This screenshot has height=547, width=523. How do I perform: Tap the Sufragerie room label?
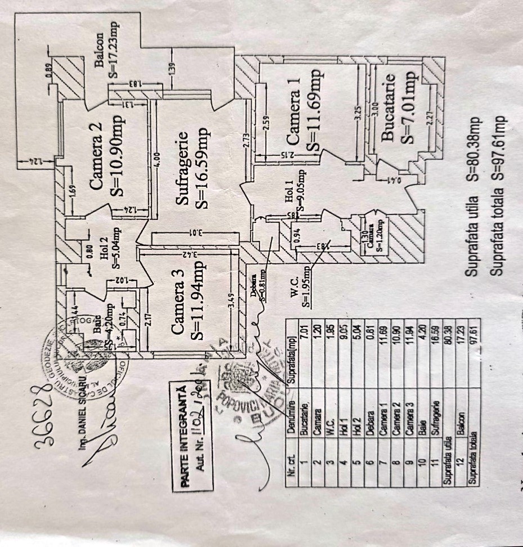(x=182, y=169)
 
